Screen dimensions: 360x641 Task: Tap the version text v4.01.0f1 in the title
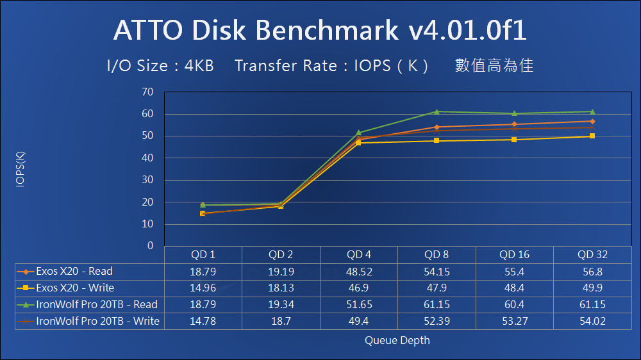pyautogui.click(x=469, y=30)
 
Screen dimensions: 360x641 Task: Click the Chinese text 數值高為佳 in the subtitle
pyautogui.click(x=494, y=65)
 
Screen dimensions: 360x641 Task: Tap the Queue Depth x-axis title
pyautogui.click(x=397, y=340)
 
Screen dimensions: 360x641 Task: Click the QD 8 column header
pyautogui.click(x=437, y=254)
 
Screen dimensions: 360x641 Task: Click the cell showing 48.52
pyautogui.click(x=358, y=271)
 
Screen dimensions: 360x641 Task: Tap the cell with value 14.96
pyautogui.click(x=203, y=288)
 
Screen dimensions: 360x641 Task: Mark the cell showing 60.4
pyautogui.click(x=514, y=304)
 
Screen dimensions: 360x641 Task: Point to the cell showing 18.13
pyautogui.click(x=281, y=288)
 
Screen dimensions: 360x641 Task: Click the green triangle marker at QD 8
pyautogui.click(x=437, y=111)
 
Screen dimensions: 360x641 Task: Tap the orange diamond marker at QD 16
pyautogui.click(x=514, y=124)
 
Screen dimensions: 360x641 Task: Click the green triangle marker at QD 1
pyautogui.click(x=203, y=204)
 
